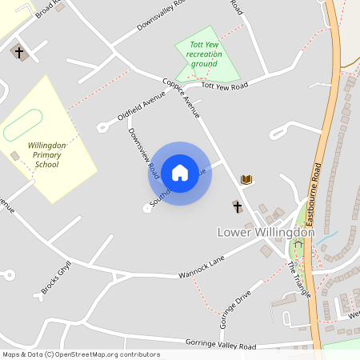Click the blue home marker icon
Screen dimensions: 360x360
[180, 173]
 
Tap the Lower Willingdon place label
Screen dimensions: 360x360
[266, 232]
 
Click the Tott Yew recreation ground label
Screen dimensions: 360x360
[204, 54]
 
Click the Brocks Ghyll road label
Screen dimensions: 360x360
[57, 276]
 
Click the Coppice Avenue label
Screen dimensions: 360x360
[181, 97]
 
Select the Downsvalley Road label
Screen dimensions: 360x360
[160, 15]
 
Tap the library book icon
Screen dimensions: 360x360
[246, 179]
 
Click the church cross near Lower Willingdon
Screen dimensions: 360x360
[237, 207]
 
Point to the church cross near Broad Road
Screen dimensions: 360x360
[19, 53]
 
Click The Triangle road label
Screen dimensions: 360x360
[299, 279]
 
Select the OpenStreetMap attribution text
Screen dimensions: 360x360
[81, 354]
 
